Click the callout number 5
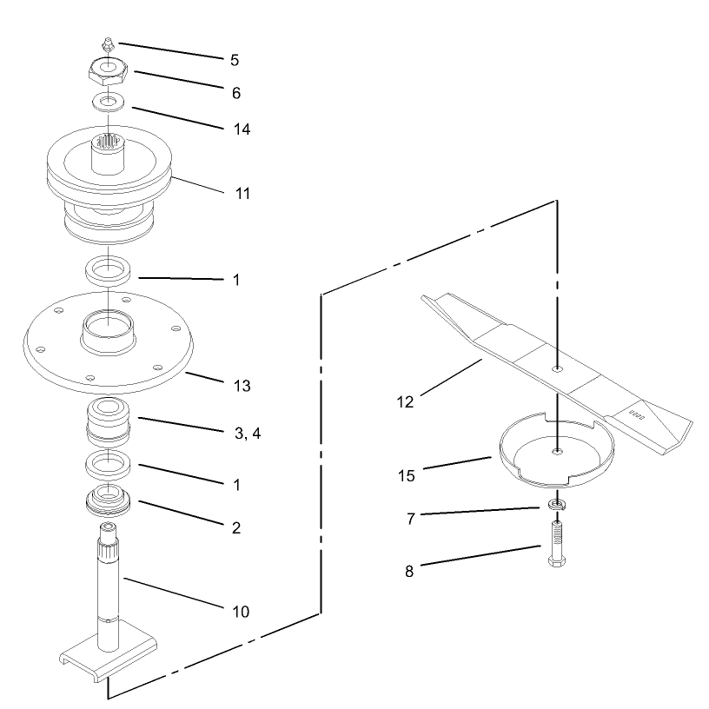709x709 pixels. click(235, 60)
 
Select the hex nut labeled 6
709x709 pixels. click(108, 71)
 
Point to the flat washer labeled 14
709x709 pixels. click(108, 102)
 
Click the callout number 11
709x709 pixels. click(242, 194)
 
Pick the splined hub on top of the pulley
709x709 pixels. click(108, 153)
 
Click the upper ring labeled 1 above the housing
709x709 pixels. click(109, 271)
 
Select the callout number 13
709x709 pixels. click(242, 386)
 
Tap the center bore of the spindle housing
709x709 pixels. click(109, 324)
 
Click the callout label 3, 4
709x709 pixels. click(248, 434)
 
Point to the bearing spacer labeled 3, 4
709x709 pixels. click(108, 421)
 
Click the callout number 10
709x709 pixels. click(241, 612)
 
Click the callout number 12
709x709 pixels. click(405, 402)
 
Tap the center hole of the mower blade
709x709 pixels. click(558, 368)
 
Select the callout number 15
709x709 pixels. click(406, 475)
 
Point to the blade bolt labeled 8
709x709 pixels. click(557, 543)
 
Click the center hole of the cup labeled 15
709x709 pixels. click(558, 451)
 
